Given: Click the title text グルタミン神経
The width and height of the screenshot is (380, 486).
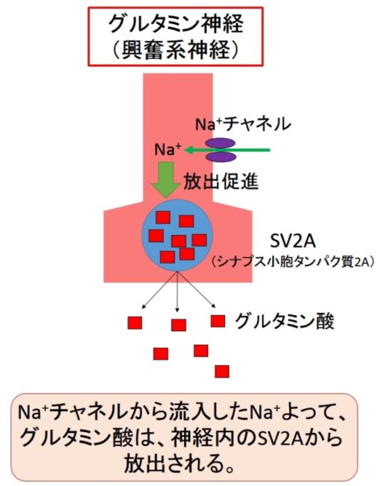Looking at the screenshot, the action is [x=176, y=23].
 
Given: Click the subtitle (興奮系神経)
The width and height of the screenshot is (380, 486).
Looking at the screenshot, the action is [x=176, y=49].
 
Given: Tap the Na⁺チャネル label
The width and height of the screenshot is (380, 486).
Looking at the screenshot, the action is [x=243, y=124].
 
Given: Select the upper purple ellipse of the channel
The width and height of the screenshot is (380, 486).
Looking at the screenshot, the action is [x=221, y=144].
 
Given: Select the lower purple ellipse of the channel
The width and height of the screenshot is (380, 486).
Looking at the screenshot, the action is [x=221, y=157].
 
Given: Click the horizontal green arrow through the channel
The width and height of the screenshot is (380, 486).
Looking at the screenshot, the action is [x=227, y=150].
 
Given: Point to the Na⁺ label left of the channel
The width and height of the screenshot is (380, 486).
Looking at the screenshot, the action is [x=168, y=150].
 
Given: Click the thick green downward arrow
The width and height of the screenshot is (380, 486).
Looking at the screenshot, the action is [x=166, y=179].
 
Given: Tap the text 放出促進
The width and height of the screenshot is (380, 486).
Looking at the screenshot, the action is [x=221, y=182].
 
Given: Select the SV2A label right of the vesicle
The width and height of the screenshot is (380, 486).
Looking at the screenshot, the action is [x=292, y=242].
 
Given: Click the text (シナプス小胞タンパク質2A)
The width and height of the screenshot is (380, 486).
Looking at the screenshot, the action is [x=293, y=262].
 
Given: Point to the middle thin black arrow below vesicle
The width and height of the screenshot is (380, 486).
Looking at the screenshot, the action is [x=177, y=292].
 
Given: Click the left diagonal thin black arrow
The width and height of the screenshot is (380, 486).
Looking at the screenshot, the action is [x=159, y=290].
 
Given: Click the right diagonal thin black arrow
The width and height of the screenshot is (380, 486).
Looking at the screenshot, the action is [x=196, y=289].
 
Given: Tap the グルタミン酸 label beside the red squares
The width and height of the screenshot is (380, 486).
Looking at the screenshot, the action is [x=284, y=322].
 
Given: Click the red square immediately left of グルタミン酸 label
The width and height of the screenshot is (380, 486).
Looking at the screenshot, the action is [x=218, y=321].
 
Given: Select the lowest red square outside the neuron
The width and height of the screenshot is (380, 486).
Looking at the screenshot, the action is [x=222, y=372].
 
